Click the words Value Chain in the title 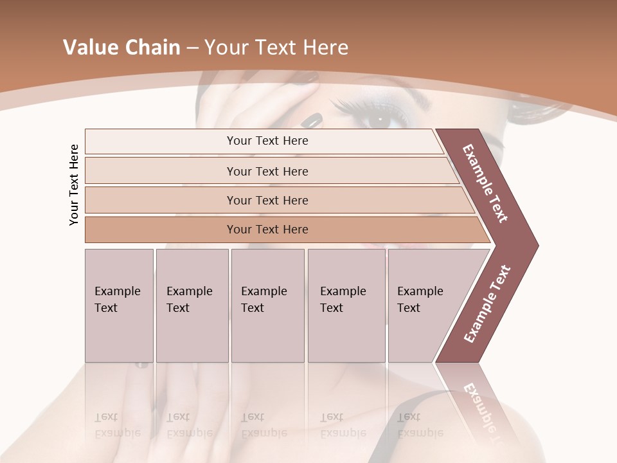point(121,48)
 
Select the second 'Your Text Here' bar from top point(267,171)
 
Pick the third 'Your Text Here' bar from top point(267,200)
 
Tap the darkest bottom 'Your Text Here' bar point(267,230)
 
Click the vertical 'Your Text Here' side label point(74,185)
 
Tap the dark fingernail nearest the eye point(313,120)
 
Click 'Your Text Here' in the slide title point(276,48)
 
